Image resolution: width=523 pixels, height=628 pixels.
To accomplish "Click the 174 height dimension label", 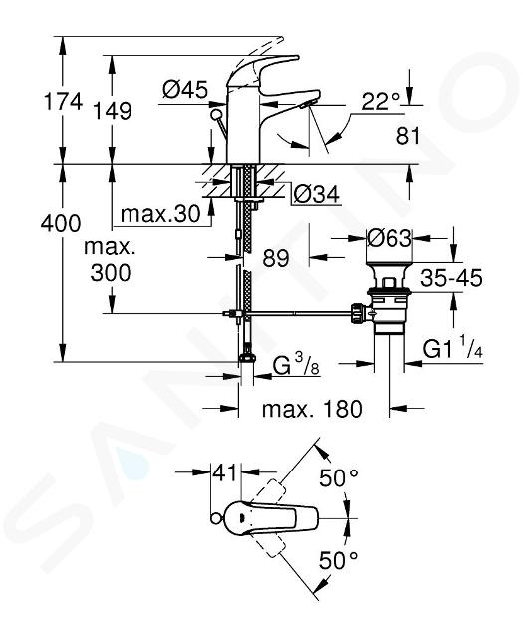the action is [63, 101].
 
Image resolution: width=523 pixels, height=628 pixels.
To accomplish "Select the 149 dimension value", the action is [113, 110].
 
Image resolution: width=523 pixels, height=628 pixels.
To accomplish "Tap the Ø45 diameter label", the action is [185, 90].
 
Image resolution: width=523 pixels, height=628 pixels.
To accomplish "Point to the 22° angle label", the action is [381, 102].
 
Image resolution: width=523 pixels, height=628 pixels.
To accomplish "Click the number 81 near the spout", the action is [408, 136].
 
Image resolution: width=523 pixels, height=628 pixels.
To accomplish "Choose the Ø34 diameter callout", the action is [316, 194].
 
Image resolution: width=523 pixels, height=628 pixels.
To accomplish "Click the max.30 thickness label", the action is [160, 214].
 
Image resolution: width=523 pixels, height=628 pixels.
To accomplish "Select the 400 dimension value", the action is [61, 223].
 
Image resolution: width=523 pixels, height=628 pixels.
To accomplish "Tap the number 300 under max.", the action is [110, 273].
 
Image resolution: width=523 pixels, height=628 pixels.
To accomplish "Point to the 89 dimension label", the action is [276, 258].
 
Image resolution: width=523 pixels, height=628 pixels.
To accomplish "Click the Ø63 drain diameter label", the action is [390, 238].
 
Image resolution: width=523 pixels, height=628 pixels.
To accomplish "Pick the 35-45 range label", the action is [452, 278].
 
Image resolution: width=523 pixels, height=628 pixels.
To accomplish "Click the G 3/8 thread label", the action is [296, 365].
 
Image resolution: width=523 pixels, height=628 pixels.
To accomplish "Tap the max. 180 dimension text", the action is [312, 409].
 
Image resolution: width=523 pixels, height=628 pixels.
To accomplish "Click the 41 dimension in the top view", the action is [226, 473].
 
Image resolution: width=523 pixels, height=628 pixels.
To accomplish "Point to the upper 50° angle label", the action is [339, 477].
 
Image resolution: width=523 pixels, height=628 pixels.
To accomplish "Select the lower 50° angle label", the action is [339, 560].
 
